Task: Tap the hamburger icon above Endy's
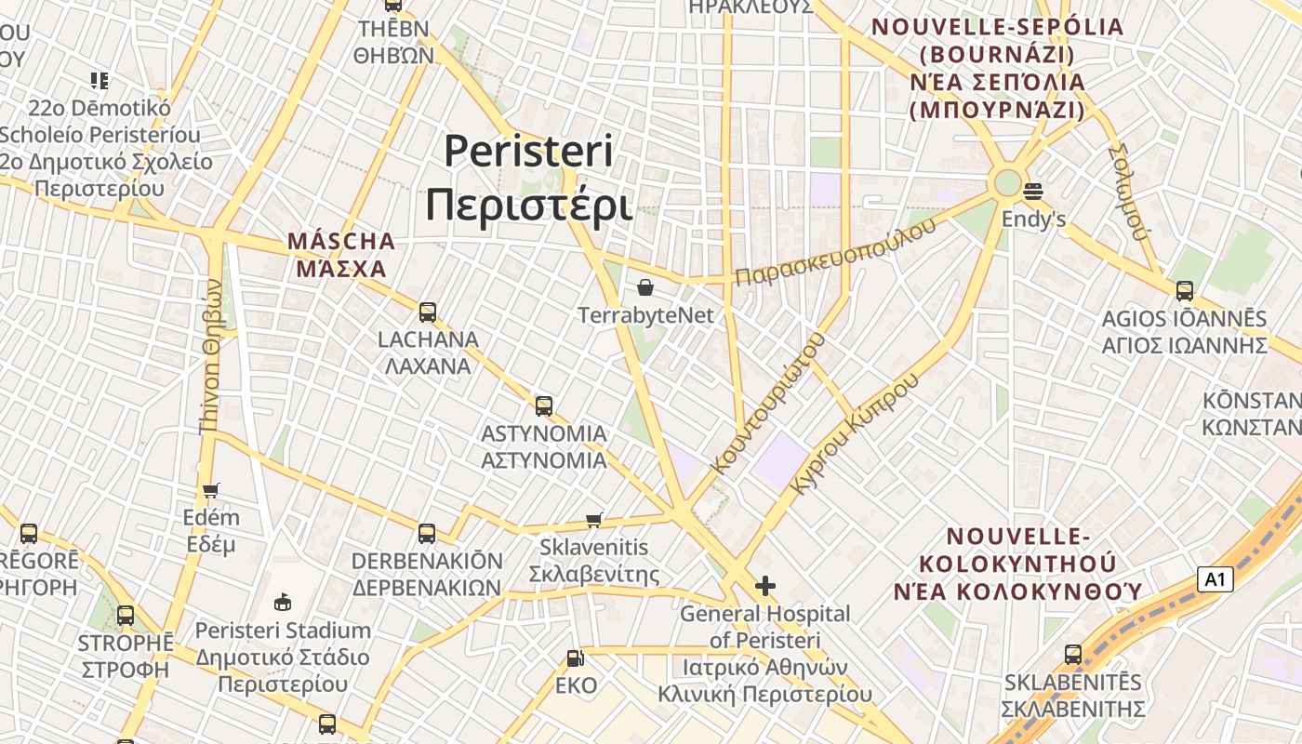coord(1032,193)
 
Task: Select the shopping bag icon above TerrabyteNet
coord(644,287)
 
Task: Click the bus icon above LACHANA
coord(428,312)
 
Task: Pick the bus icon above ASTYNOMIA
coord(544,406)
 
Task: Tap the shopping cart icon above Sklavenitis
coord(594,520)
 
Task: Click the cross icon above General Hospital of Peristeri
coord(764,586)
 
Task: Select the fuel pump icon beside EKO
coord(576,658)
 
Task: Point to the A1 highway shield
coord(1215,579)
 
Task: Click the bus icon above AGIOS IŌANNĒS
coord(1184,291)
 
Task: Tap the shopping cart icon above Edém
coord(211,490)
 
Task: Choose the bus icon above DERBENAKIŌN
coord(427,534)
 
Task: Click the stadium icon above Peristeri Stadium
coord(283,603)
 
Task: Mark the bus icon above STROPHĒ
coord(126,616)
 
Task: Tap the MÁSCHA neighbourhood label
coord(340,255)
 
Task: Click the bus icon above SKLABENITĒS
coord(1073,655)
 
